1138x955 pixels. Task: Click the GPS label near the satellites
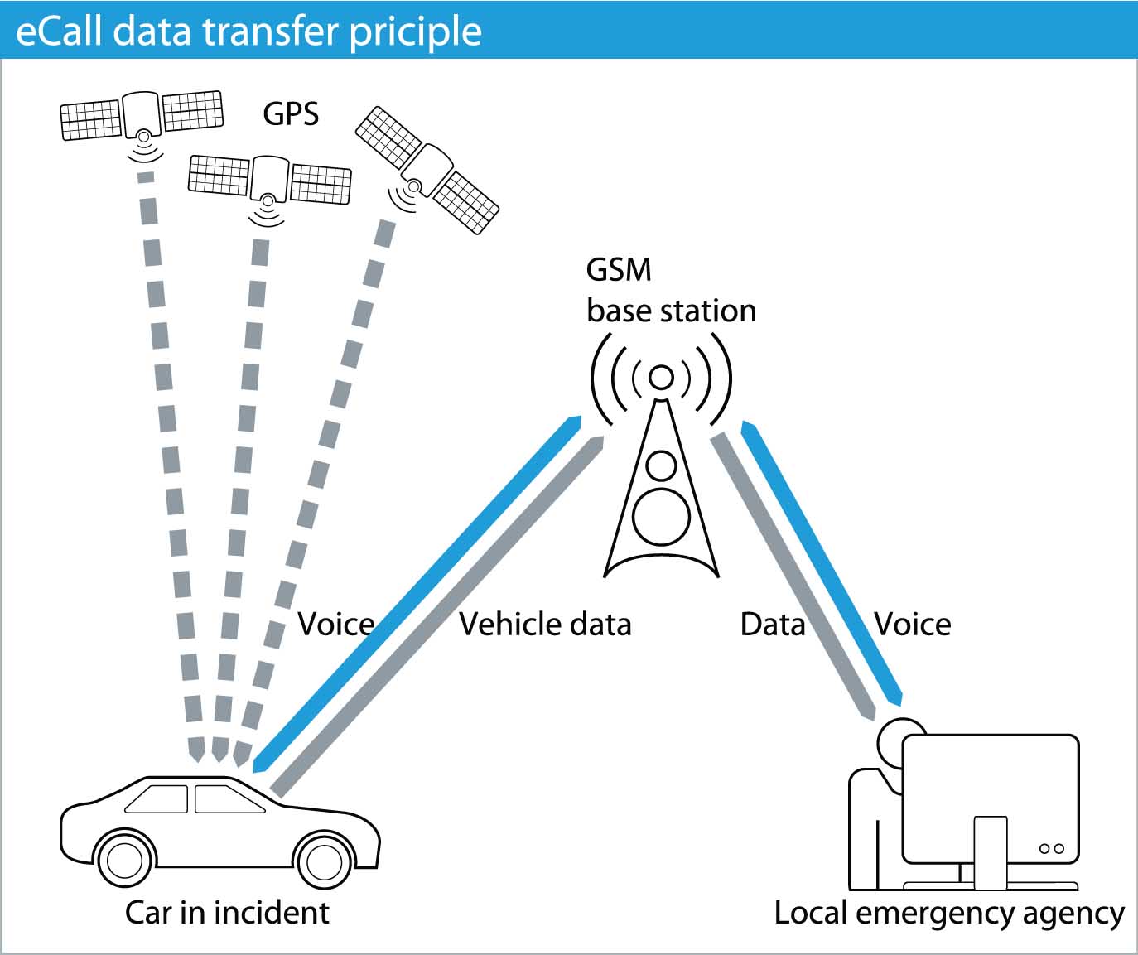pyautogui.click(x=291, y=113)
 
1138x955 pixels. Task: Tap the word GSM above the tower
pyautogui.click(x=619, y=270)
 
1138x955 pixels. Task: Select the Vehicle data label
pyautogui.click(x=545, y=624)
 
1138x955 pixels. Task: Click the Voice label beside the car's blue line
pyautogui.click(x=335, y=624)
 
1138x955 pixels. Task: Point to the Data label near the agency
pyautogui.click(x=772, y=624)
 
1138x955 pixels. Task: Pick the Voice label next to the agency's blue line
pyautogui.click(x=913, y=624)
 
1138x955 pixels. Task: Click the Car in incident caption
pyautogui.click(x=227, y=912)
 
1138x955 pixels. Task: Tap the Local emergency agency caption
pyautogui.click(x=949, y=913)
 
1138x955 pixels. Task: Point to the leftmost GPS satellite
pyautogui.click(x=142, y=115)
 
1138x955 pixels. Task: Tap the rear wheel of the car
pyautogui.click(x=125, y=861)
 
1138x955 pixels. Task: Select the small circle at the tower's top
pyautogui.click(x=661, y=378)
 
